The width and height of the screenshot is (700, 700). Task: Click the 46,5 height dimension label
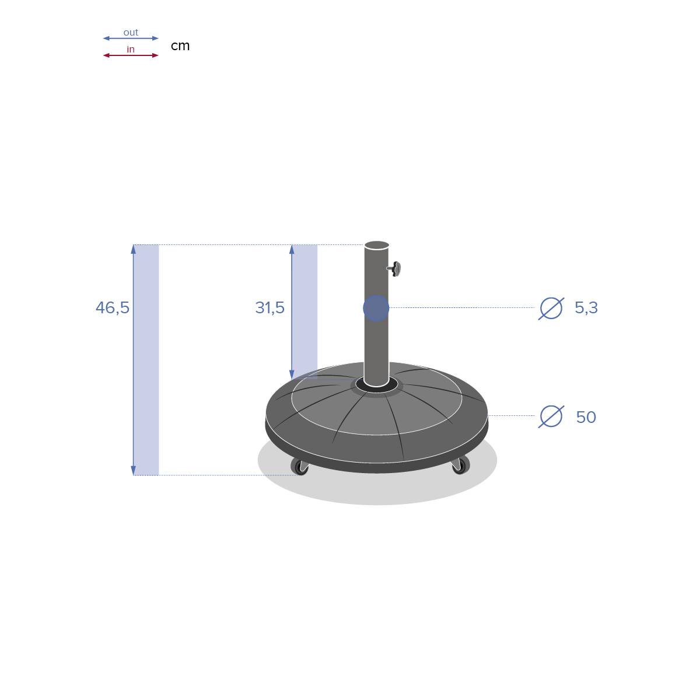point(112,307)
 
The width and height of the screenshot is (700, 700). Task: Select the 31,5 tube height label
point(269,307)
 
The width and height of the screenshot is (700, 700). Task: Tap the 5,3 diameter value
point(586,307)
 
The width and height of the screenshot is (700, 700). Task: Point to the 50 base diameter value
point(586,417)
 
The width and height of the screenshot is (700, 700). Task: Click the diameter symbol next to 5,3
point(551,309)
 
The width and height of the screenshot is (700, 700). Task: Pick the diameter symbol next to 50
point(551,416)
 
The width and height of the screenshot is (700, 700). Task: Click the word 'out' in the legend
point(131,33)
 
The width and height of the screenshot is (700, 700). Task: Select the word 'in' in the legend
point(131,50)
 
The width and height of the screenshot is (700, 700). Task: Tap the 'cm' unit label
point(180,45)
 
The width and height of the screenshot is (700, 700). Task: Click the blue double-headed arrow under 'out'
point(131,38)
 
